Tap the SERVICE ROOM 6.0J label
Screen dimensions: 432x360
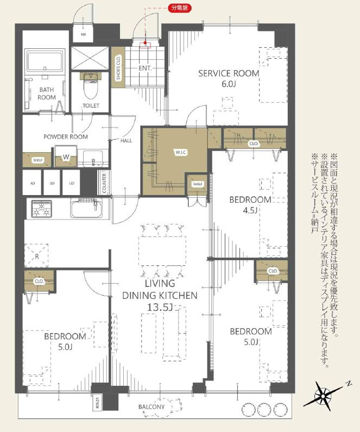tap(229, 78)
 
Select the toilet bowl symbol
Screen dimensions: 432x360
tap(89, 84)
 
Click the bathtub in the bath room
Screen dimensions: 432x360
tap(46, 62)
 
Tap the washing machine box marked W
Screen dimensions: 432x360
tap(66, 158)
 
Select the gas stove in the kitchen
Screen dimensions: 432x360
tap(42, 208)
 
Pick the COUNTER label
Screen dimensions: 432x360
tap(103, 183)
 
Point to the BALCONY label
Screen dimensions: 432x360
tap(151, 407)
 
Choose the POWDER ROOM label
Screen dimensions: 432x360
tap(66, 137)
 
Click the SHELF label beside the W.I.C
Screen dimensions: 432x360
tap(197, 184)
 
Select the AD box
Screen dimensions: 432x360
tap(32, 183)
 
